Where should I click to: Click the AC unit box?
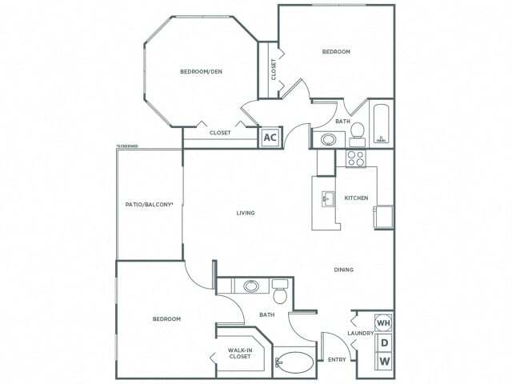(270, 137)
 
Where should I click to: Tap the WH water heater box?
(384, 322)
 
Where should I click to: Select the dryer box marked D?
(384, 343)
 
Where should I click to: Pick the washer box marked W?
(384, 362)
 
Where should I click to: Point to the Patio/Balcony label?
(150, 205)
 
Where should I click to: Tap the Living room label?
(246, 213)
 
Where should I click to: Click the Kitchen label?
(355, 198)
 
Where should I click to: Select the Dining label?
(344, 270)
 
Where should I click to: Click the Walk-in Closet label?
(240, 353)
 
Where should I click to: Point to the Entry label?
(337, 359)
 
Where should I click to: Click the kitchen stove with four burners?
(355, 158)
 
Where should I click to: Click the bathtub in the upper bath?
(382, 124)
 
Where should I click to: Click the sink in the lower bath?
(251, 285)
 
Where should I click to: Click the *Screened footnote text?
(127, 146)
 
